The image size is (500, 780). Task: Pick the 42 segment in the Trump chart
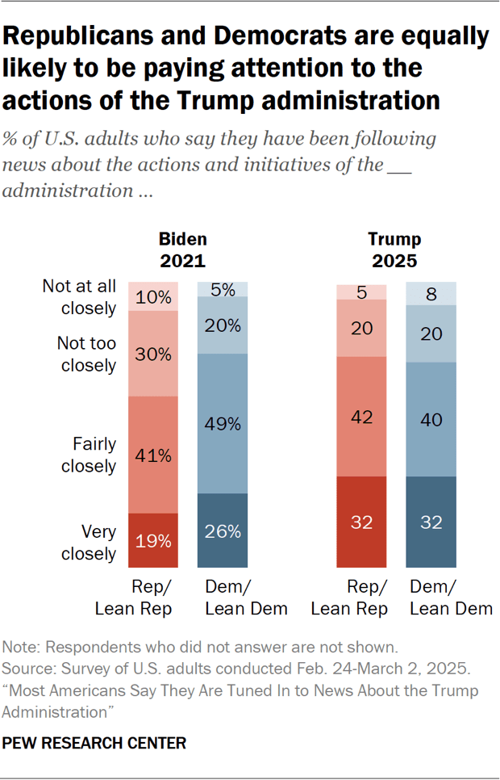point(360,417)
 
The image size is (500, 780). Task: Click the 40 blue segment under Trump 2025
point(430,420)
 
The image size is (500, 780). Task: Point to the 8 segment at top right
point(430,294)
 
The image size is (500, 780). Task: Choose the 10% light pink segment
point(153,297)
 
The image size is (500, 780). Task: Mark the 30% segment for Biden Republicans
point(153,354)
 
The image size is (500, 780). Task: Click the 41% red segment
point(153,455)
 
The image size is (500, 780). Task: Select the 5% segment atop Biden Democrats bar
point(223,289)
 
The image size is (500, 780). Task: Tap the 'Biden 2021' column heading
point(182,250)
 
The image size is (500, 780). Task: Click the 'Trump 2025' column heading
point(394,250)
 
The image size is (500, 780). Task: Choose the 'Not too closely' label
point(86,354)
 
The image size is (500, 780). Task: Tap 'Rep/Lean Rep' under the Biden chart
point(134,598)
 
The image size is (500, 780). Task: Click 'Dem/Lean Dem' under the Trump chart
point(451,598)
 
